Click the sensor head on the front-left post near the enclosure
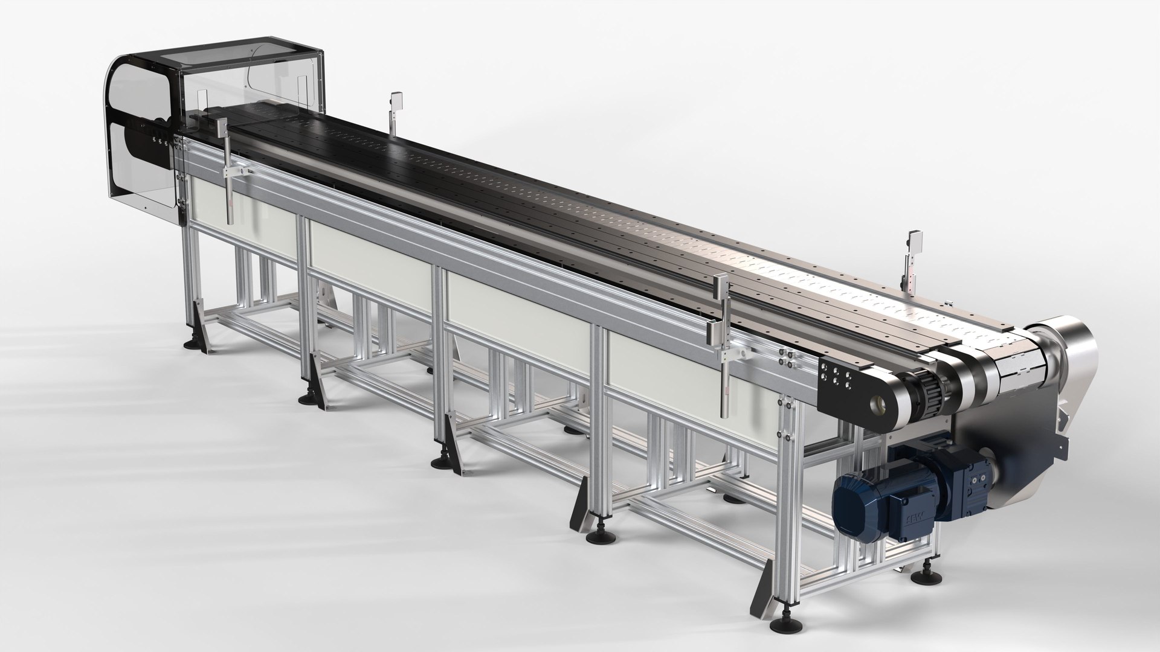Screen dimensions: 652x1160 tap(218, 126)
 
